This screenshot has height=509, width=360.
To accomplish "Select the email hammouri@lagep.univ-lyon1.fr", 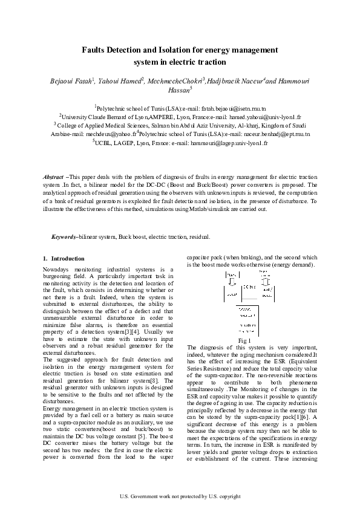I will click(227, 144).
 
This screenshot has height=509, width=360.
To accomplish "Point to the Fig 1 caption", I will click(245, 342).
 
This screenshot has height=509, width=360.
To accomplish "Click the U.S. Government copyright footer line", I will click(180, 496).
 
